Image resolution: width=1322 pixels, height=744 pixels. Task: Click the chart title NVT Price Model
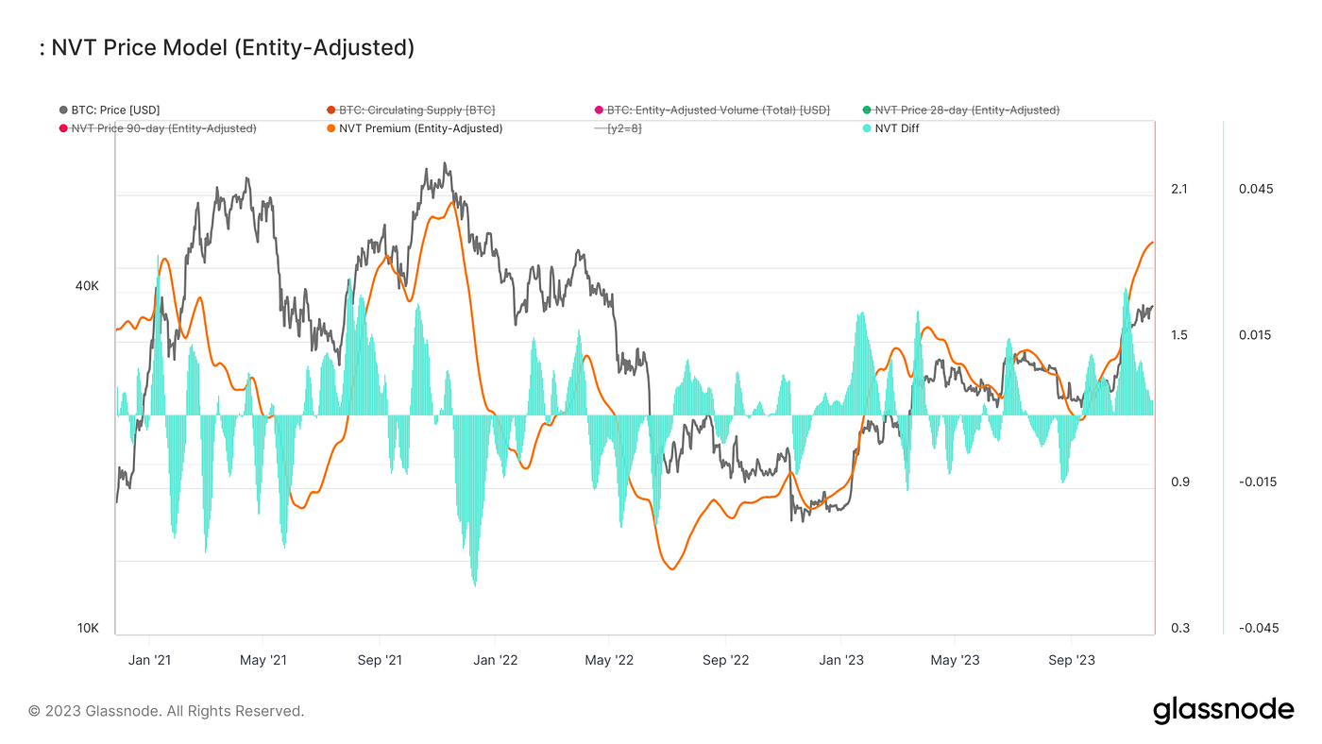pos(227,48)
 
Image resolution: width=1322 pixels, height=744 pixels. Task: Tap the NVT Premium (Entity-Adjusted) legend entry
pos(420,128)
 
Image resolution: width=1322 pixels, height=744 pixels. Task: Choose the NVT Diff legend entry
pos(896,128)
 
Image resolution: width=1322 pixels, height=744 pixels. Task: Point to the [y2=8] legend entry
pos(624,128)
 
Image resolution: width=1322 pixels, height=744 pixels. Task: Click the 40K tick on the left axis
pos(88,286)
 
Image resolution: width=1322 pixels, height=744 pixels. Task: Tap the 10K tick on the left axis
pos(88,629)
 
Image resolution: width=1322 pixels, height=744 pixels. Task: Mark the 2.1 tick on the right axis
pos(1178,189)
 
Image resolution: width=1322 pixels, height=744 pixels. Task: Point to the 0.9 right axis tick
pos(1178,482)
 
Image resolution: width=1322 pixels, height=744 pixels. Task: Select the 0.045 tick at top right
pos(1256,189)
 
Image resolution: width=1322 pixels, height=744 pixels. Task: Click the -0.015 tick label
pos(1256,482)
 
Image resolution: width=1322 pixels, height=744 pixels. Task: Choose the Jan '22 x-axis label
pos(495,660)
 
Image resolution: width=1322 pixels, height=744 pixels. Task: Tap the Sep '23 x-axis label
pos(1072,660)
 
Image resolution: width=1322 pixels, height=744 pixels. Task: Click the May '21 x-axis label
pos(263,660)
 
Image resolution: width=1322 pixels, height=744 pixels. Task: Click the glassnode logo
pos(1223,710)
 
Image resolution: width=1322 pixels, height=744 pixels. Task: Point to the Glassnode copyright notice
pos(166,711)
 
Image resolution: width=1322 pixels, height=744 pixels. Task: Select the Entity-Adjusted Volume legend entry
pos(718,110)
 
